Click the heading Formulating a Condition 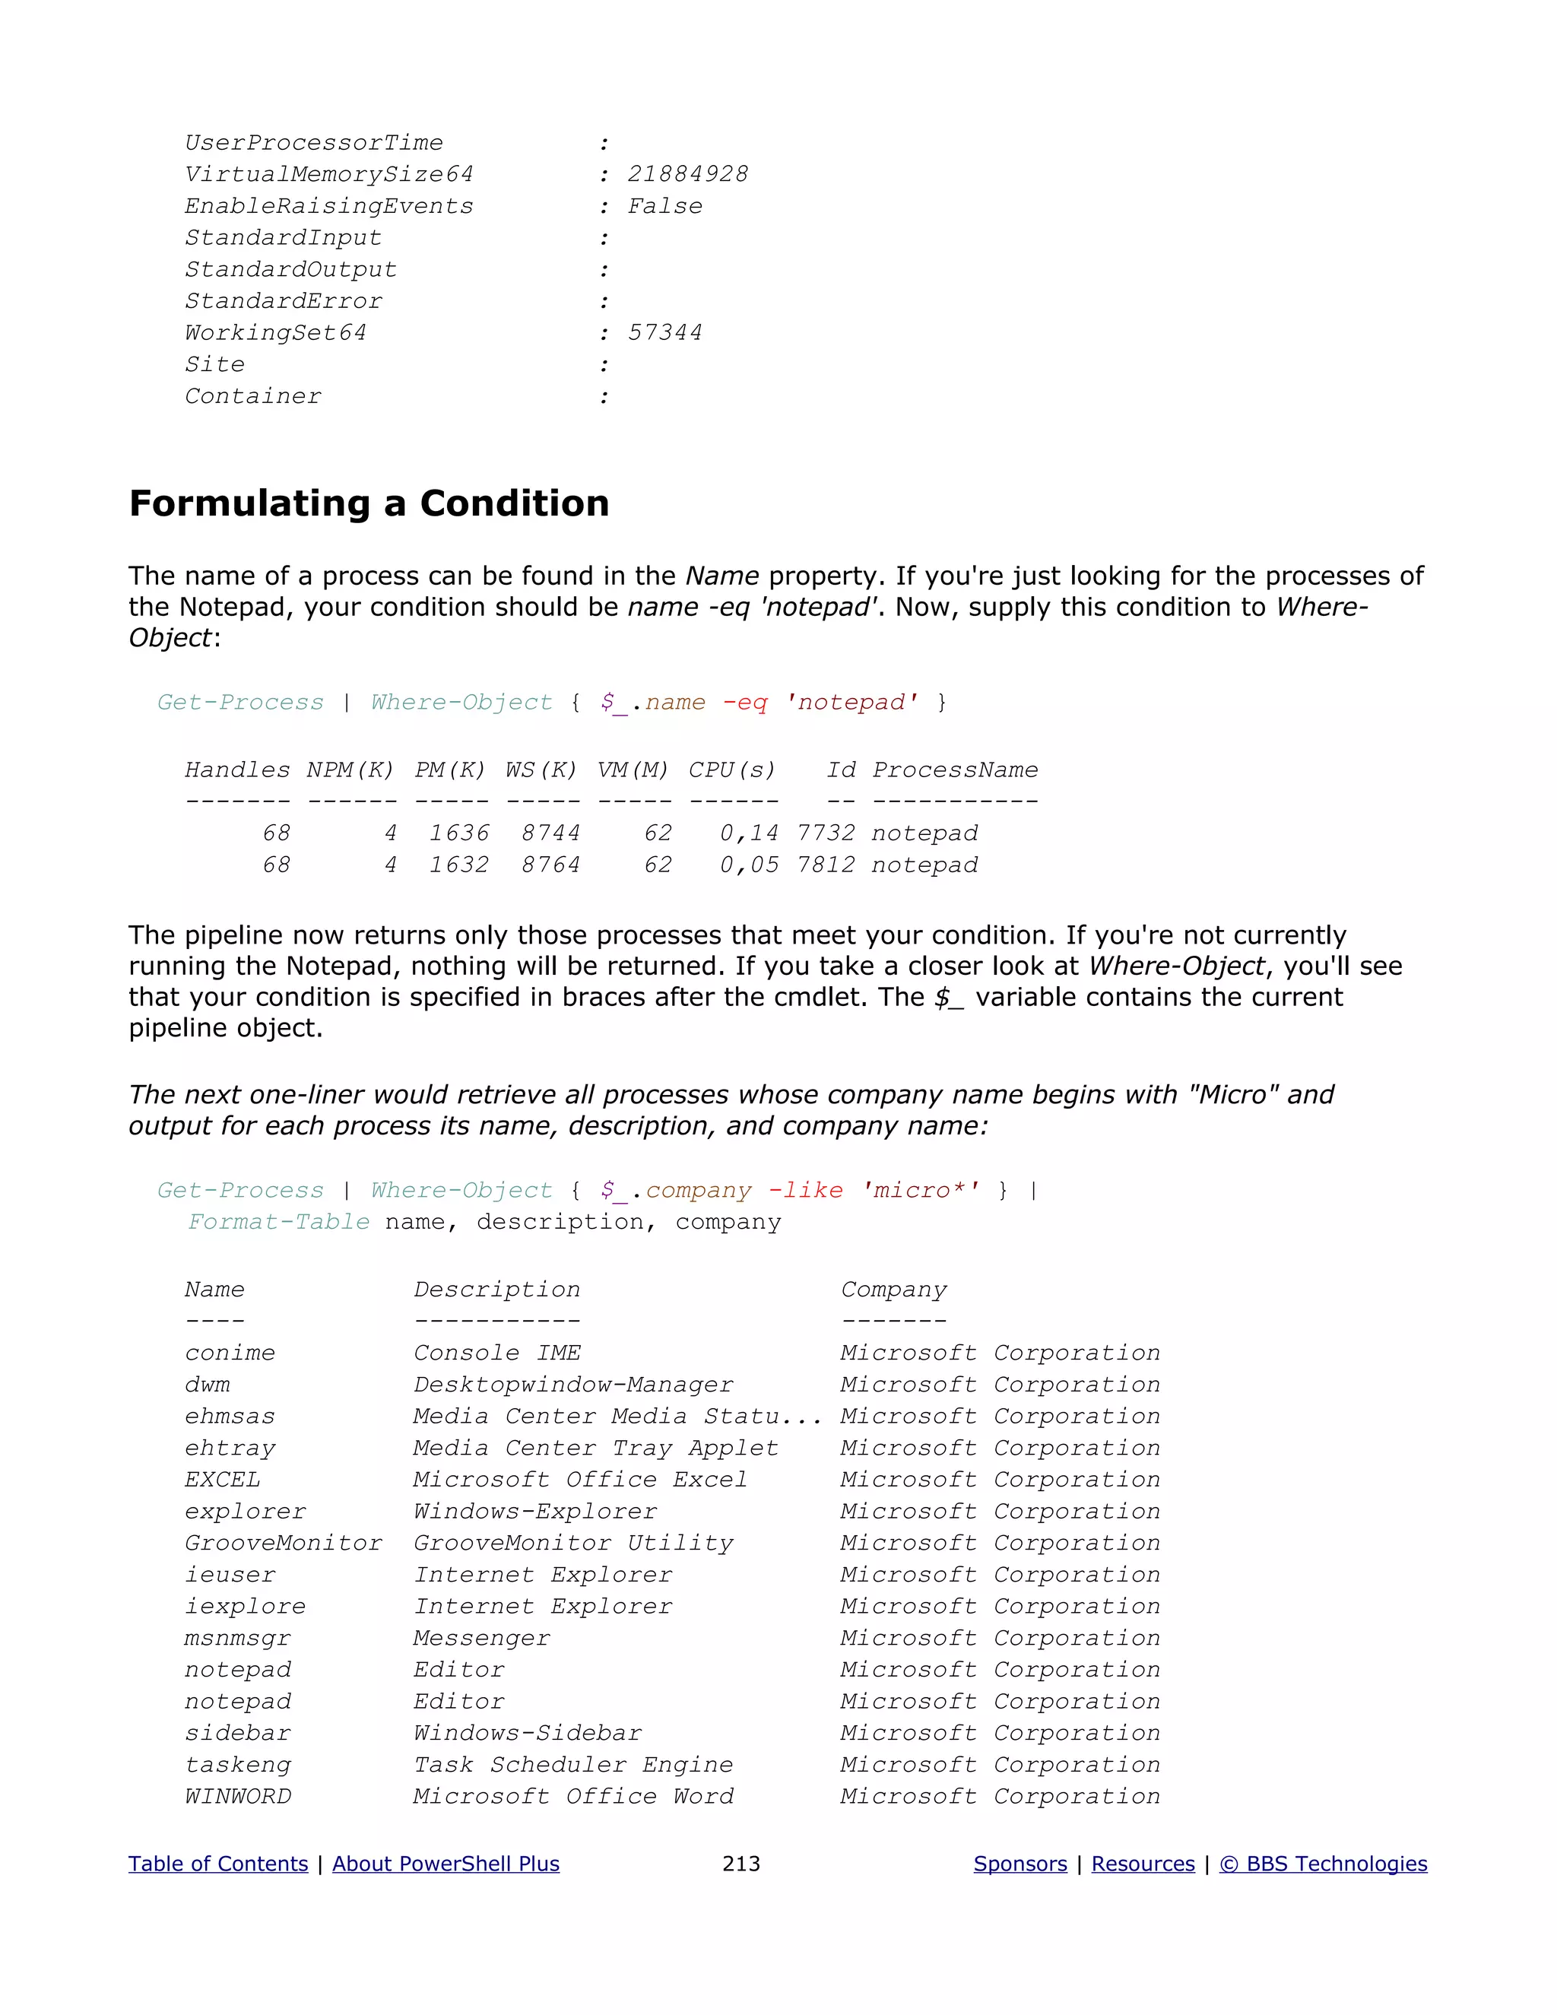(x=369, y=503)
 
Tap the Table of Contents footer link (x=217, y=1864)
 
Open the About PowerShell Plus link (x=446, y=1864)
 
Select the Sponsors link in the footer (x=1020, y=1864)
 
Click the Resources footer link (x=1143, y=1864)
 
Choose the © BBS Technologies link (x=1323, y=1864)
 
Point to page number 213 (x=740, y=1864)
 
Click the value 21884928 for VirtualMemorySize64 (x=687, y=174)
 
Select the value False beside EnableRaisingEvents (x=664, y=207)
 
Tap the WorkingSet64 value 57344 (x=664, y=333)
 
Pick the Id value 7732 (x=826, y=834)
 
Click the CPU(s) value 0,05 (x=748, y=865)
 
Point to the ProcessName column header (x=955, y=770)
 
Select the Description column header (x=496, y=1290)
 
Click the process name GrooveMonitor (x=283, y=1544)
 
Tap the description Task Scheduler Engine (x=572, y=1765)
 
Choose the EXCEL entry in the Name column (x=222, y=1480)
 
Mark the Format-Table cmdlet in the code (x=278, y=1223)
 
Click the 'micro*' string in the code (x=921, y=1191)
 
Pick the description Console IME (x=496, y=1353)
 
